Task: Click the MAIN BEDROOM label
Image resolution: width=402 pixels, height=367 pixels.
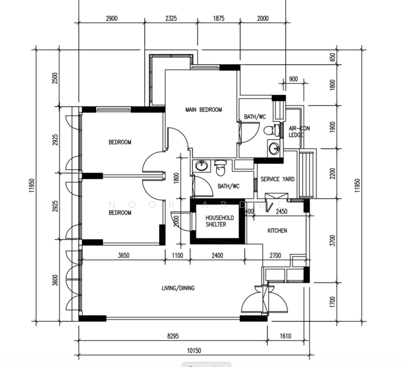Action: tap(203, 110)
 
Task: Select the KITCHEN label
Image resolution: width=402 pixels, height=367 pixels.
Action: tap(277, 231)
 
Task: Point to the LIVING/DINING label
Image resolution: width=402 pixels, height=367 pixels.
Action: tap(178, 287)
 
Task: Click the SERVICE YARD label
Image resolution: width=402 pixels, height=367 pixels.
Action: tap(278, 179)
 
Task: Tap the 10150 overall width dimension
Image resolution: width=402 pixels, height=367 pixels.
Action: tap(193, 350)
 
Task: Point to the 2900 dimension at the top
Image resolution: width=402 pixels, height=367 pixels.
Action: tap(111, 19)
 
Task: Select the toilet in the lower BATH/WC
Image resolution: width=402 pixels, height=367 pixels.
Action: tap(221, 166)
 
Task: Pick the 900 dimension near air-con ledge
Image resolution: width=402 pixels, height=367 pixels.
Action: tap(293, 79)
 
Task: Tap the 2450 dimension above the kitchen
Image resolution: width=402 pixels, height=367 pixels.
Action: tap(281, 212)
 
